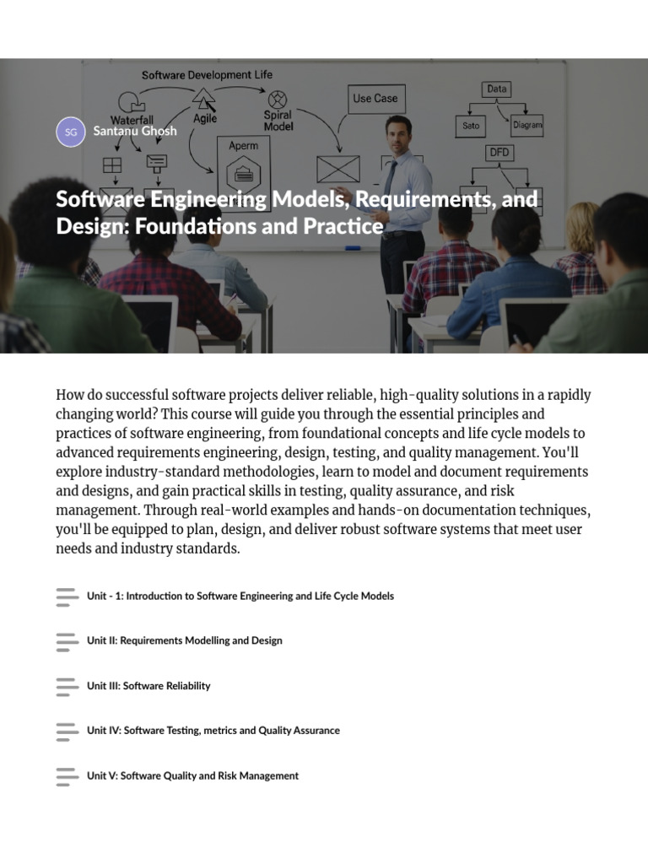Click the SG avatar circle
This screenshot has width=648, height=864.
click(x=71, y=132)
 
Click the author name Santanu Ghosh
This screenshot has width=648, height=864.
click(x=135, y=131)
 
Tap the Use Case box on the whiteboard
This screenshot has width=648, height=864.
click(x=376, y=99)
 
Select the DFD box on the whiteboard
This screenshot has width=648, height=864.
click(x=499, y=152)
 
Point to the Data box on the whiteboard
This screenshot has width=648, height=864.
click(x=496, y=89)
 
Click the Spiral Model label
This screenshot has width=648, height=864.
click(x=278, y=120)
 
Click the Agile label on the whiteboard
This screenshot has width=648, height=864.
click(x=205, y=118)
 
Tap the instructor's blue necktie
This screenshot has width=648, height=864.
click(x=390, y=178)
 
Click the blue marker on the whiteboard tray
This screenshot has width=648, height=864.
click(x=353, y=249)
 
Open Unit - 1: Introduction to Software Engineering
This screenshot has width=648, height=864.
click(x=240, y=596)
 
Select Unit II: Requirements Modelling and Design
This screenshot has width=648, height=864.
click(x=185, y=640)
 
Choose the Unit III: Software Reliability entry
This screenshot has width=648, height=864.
click(x=148, y=685)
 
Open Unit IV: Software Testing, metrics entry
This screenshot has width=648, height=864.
click(x=213, y=730)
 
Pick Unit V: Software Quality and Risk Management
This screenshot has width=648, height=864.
click(x=193, y=775)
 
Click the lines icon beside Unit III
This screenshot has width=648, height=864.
click(x=67, y=687)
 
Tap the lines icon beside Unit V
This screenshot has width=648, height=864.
click(x=67, y=776)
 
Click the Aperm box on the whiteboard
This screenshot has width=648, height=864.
click(x=244, y=173)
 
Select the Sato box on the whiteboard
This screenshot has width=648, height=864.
click(x=471, y=126)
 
